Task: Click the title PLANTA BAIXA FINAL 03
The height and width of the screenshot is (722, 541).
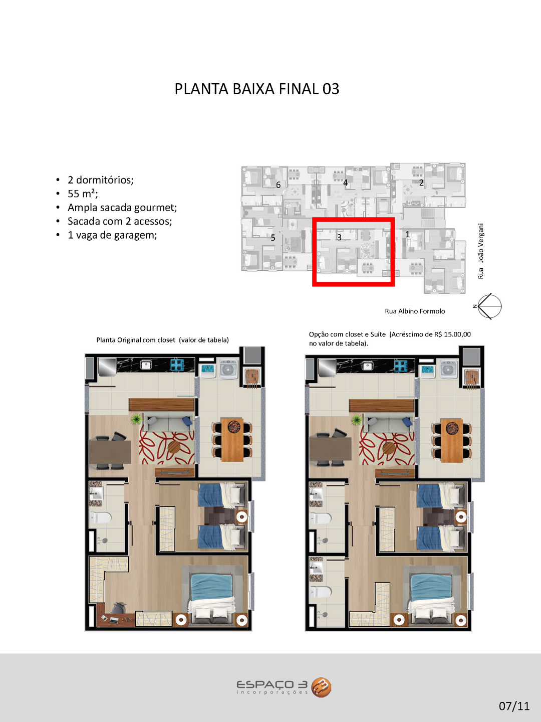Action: pyautogui.click(x=256, y=89)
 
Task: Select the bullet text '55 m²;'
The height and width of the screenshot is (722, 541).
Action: pyautogui.click(x=83, y=194)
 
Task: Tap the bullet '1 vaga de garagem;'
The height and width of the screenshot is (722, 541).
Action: pyautogui.click(x=112, y=235)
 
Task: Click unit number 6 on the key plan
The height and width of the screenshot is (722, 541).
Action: pyautogui.click(x=278, y=185)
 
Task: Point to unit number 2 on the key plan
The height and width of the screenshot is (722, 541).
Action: pyautogui.click(x=421, y=183)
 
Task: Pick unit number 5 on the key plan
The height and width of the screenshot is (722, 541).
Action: pyautogui.click(x=273, y=238)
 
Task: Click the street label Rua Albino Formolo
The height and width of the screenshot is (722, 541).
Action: pyautogui.click(x=415, y=311)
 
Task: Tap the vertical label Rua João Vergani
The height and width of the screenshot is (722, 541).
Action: pyautogui.click(x=480, y=251)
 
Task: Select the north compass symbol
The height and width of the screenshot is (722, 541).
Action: pyautogui.click(x=489, y=306)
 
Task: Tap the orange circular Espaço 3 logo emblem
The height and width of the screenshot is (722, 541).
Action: pyautogui.click(x=321, y=687)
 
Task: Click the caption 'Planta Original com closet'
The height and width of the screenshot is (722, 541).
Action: pyautogui.click(x=136, y=340)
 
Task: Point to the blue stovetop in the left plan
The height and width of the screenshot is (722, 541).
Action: pyautogui.click(x=177, y=365)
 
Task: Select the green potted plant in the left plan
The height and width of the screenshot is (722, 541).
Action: pyautogui.click(x=135, y=419)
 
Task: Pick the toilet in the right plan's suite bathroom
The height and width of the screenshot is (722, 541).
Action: pyautogui.click(x=321, y=592)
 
